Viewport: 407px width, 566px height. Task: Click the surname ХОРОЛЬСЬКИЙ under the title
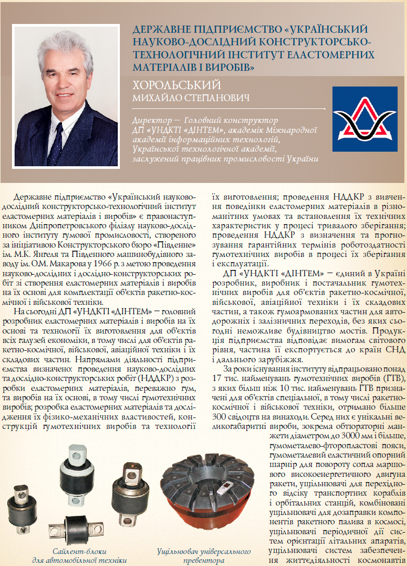click(177, 85)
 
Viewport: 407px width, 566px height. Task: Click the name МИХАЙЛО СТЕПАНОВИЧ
click(190, 98)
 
